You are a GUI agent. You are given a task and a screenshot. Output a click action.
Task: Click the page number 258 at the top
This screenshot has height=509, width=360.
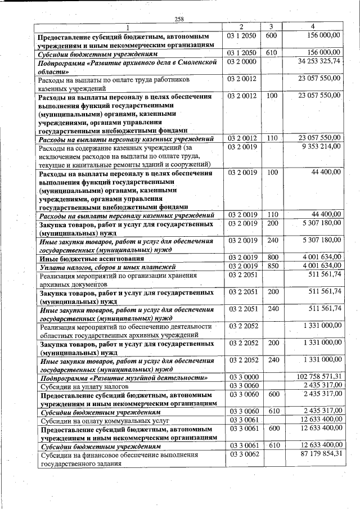click(179, 19)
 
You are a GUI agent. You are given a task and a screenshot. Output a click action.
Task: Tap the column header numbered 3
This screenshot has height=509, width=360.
click(271, 26)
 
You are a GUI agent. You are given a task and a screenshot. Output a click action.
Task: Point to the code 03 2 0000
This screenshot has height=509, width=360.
click(242, 61)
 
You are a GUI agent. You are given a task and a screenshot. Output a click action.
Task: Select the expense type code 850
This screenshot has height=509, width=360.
click(272, 266)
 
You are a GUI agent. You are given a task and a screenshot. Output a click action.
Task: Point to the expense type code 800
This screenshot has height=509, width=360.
click(272, 258)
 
